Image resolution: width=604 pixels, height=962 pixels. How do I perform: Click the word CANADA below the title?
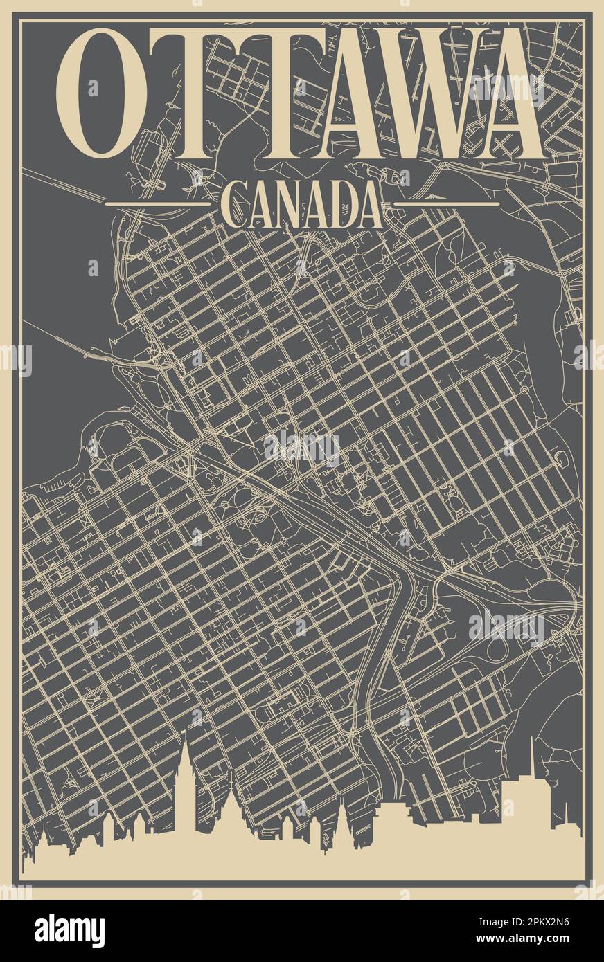[x=302, y=204]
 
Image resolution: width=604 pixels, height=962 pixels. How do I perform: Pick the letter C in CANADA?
[x=234, y=204]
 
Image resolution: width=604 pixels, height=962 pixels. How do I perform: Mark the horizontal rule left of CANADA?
[x=157, y=204]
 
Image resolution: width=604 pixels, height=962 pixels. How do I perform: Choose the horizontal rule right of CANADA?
[x=446, y=204]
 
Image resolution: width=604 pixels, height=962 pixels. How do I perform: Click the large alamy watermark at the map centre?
[x=302, y=448]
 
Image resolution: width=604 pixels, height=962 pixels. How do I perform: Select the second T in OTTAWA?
[x=267, y=93]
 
